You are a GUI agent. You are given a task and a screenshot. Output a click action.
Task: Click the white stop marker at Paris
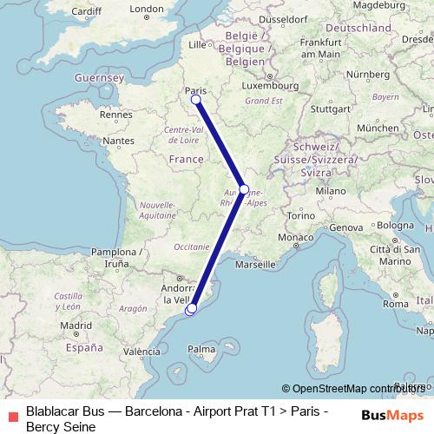pyautogui.click(x=196, y=100)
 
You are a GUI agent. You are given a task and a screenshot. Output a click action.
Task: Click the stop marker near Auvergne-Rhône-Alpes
pyautogui.click(x=244, y=189)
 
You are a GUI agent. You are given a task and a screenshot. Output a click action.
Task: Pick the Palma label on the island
pyautogui.click(x=201, y=350)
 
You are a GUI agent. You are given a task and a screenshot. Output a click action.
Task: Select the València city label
pyautogui.click(x=142, y=352)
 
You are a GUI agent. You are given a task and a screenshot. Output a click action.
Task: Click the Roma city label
pyautogui.click(x=395, y=304)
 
